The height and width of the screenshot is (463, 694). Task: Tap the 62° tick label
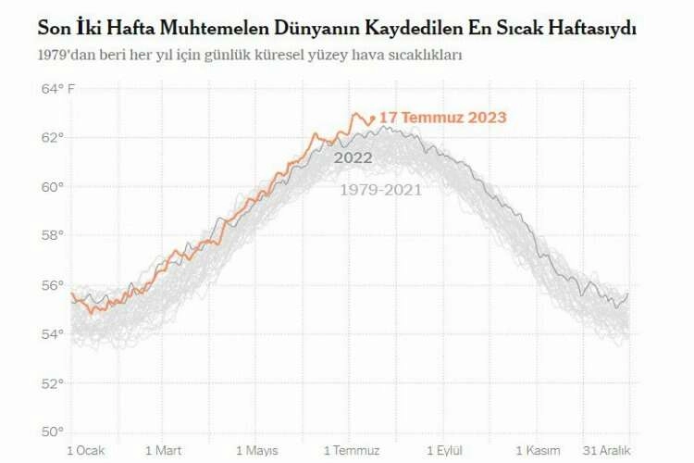click(x=53, y=138)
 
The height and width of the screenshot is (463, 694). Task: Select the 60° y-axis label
click(x=53, y=187)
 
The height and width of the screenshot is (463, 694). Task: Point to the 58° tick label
click(x=53, y=236)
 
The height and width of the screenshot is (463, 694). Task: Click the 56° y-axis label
click(x=53, y=285)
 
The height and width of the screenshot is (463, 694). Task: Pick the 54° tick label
click(x=53, y=334)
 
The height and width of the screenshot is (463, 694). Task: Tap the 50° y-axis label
click(x=53, y=432)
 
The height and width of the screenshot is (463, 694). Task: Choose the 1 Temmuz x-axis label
click(x=351, y=450)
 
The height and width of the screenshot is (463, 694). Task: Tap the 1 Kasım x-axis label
click(x=539, y=450)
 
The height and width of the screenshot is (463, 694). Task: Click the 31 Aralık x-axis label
click(x=607, y=450)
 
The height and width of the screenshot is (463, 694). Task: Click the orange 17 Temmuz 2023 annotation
click(x=442, y=118)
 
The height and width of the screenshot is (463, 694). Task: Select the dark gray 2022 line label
click(x=353, y=158)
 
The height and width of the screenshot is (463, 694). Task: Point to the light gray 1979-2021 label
click(x=380, y=190)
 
